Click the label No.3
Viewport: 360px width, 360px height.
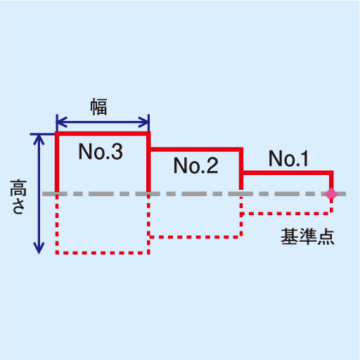point(101,151)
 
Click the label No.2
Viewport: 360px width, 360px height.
point(195,165)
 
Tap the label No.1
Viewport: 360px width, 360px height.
point(288,158)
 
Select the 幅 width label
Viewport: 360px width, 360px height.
point(98,107)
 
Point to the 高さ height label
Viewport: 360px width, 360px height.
point(18,197)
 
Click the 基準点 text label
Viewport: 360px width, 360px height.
point(307,237)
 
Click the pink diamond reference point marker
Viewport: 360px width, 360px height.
point(331,194)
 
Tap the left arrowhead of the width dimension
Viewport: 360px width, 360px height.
point(61,122)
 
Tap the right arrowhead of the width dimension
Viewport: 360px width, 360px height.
point(143,122)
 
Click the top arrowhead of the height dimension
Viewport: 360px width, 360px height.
point(39,140)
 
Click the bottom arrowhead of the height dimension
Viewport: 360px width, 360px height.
point(39,248)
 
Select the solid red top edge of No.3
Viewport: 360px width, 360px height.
point(103,134)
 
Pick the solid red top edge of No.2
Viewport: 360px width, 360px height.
point(196,149)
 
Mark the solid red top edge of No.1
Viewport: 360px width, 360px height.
point(288,173)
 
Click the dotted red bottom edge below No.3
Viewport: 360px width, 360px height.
point(103,253)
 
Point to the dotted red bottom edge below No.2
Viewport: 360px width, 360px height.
point(196,237)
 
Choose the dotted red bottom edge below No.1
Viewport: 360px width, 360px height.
point(287,214)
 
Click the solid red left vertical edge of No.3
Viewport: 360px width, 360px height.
point(57,163)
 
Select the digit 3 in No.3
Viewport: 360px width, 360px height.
point(117,151)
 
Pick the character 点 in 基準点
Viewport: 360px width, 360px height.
point(326,237)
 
